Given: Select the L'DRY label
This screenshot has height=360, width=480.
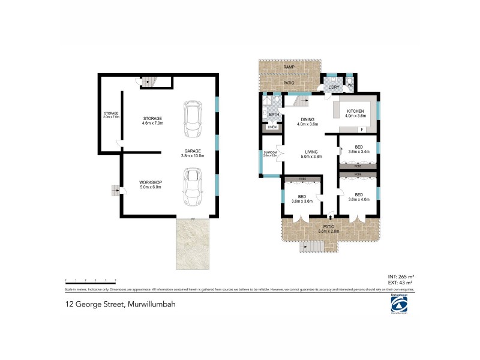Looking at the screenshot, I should [333, 88].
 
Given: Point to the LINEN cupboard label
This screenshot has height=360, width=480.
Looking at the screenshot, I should [272, 127].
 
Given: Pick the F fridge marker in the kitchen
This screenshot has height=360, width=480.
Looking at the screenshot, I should [362, 130].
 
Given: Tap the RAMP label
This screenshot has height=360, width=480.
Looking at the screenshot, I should [289, 67].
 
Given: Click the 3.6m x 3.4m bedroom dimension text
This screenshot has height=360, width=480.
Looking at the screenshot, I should [359, 152].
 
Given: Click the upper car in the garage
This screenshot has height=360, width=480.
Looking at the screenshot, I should [193, 119].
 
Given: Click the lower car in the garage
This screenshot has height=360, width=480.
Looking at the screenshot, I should [193, 186].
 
